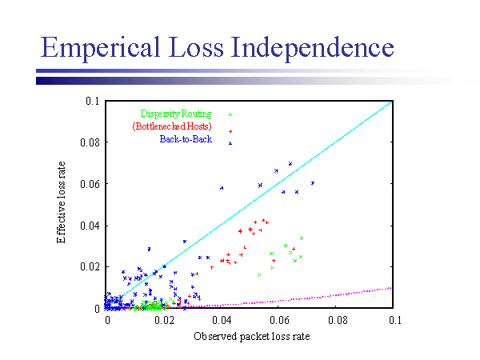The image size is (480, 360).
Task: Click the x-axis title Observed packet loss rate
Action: pos(251,337)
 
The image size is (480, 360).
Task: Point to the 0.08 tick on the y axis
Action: pos(92,142)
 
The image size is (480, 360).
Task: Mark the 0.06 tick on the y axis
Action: pos(92,184)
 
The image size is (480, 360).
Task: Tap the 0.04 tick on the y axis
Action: pos(92,226)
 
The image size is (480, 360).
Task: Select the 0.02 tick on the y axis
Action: pos(92,266)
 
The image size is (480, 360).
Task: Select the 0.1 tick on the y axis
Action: pos(95,102)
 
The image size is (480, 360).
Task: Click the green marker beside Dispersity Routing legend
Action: pos(230,114)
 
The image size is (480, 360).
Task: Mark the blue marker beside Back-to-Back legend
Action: pos(230,143)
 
